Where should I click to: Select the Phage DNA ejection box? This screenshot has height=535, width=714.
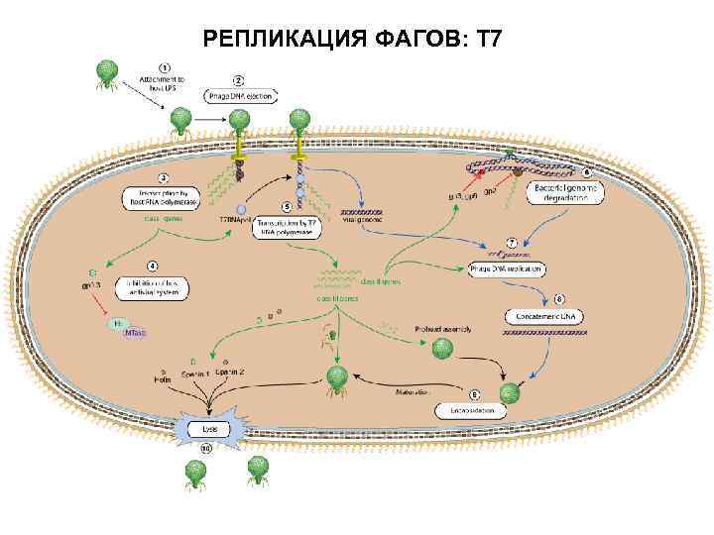click(241, 96)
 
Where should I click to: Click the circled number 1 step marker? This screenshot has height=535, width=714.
click(164, 66)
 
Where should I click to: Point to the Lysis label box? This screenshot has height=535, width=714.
click(208, 430)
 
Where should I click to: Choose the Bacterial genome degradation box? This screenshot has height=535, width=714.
click(561, 192)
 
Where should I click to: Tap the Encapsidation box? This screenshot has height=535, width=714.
click(469, 409)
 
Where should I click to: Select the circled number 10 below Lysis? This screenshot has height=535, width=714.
click(206, 449)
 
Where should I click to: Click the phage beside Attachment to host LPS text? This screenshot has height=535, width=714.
click(105, 74)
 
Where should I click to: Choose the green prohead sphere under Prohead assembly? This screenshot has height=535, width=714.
click(442, 349)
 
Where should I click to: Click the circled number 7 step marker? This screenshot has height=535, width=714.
click(512, 243)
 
